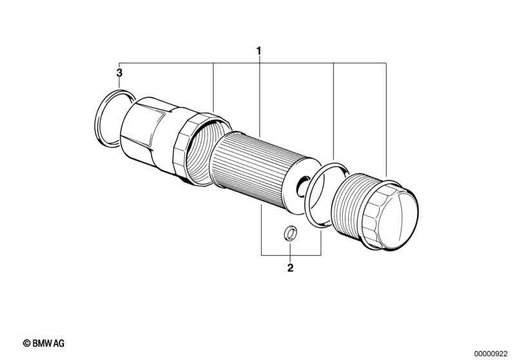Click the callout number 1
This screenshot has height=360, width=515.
coord(259,51)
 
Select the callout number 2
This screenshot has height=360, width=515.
coord(290,268)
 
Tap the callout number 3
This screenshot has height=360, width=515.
coord(119,73)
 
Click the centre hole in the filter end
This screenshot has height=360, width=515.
coord(303,187)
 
